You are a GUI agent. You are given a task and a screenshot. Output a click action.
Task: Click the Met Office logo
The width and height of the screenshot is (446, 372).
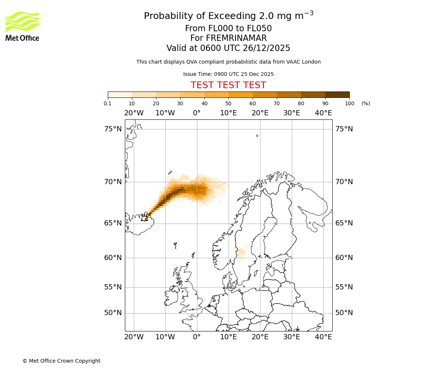point(22,26)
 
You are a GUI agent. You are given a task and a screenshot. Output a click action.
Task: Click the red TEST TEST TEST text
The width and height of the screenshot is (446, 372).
point(228,85)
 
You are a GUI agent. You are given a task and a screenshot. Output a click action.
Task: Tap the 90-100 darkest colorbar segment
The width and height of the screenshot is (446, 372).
point(337,94)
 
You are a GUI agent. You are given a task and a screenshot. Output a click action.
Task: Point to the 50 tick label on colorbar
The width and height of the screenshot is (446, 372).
point(228,103)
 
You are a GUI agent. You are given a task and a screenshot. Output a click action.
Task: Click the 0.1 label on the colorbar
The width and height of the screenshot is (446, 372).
point(108,103)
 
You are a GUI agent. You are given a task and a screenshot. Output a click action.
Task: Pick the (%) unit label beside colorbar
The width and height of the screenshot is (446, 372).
point(366,103)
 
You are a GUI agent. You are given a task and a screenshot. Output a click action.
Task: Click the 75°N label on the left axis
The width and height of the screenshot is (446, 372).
point(113,129)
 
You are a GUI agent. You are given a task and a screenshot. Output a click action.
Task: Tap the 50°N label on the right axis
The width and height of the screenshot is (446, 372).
point(344,313)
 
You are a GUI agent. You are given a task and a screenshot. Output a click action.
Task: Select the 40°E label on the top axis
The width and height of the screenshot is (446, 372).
point(323,113)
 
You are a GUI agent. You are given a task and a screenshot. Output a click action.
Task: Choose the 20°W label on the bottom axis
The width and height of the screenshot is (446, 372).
point(134,337)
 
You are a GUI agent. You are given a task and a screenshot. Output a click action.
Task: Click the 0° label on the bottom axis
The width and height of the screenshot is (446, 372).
point(197,337)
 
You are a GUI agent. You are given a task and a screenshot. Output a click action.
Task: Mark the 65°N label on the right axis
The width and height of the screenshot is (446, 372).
point(344,223)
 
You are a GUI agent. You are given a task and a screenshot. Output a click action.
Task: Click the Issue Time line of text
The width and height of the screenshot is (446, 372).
point(228,74)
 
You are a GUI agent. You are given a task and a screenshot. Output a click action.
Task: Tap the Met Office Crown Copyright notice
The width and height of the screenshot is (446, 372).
point(61,361)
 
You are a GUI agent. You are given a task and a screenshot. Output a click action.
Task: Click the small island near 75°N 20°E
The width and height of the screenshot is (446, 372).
point(257,136)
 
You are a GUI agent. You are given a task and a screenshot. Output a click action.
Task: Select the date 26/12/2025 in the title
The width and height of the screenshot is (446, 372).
point(266,48)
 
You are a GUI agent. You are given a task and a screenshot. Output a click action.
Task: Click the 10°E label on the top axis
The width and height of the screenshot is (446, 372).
point(228,113)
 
